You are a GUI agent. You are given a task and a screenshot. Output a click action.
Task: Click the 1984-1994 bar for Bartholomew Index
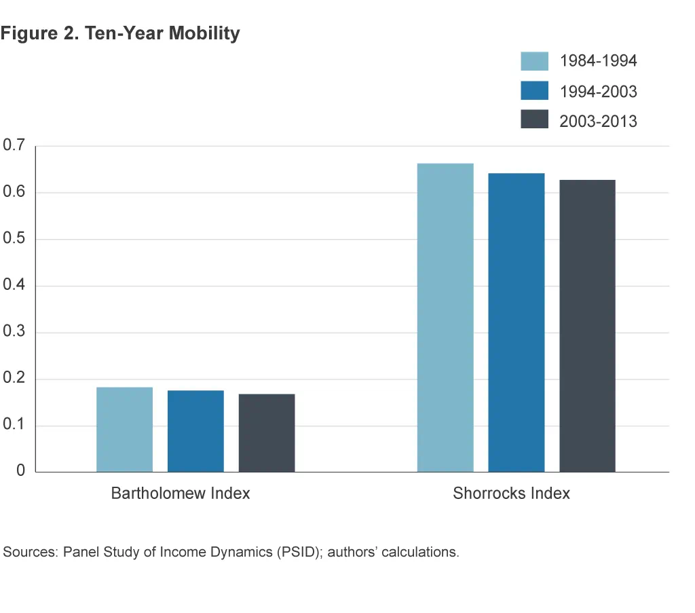pos(124,429)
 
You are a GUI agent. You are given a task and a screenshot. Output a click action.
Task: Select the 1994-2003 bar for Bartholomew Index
pos(195,431)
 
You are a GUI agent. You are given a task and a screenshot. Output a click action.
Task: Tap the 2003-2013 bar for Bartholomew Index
pos(267,432)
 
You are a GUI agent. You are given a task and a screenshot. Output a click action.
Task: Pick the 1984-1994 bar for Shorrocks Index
pos(445,317)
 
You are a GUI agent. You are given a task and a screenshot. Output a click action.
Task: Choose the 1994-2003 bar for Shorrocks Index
pos(516,322)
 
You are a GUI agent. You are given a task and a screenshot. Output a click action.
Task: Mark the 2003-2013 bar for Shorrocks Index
pos(587,326)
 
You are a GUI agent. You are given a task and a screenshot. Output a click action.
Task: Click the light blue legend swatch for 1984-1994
pos(534,60)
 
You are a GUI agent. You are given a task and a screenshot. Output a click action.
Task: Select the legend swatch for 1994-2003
pos(534,90)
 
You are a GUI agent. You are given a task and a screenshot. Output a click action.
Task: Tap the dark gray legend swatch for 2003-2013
pos(534,120)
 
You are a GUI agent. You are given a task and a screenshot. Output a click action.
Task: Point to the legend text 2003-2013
pos(598,121)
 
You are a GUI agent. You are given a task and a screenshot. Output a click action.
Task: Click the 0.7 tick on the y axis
pos(14,146)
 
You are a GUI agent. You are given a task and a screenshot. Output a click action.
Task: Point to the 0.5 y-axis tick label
pos(14,239)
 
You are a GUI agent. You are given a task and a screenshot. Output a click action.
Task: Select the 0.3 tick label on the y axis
pos(14,332)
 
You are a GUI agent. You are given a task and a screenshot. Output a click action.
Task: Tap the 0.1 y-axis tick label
pos(14,426)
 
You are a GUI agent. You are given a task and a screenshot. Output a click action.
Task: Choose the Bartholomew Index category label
pos(181,494)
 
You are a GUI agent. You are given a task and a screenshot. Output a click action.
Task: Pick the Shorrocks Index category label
pos(511,494)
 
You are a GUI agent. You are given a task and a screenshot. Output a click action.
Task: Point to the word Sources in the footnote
pos(30,552)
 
